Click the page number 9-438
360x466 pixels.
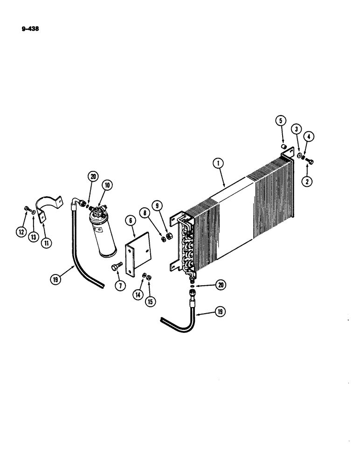pyautogui.click(x=30, y=28)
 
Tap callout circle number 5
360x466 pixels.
pyautogui.click(x=281, y=121)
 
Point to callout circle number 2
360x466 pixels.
pyautogui.click(x=306, y=182)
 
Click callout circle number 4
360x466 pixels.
pyautogui.click(x=309, y=137)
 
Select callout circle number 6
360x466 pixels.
pyautogui.click(x=130, y=220)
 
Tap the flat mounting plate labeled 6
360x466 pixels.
pyautogui.click(x=138, y=254)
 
